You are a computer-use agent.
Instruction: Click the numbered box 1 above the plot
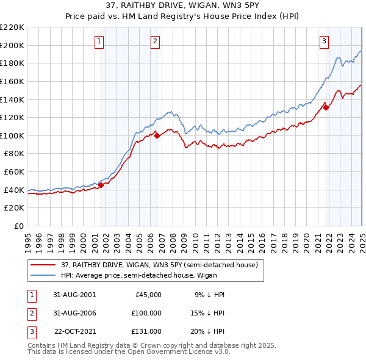(99, 41)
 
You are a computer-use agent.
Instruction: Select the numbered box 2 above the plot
(156, 41)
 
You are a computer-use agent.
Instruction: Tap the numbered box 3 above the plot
(324, 41)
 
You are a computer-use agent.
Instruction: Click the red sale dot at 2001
(101, 185)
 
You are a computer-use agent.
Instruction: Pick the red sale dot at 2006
(157, 136)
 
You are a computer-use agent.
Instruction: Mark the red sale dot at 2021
(326, 108)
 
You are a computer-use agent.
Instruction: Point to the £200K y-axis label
(12, 45)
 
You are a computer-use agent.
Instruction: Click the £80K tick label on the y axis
(14, 154)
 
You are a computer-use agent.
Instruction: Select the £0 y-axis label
(19, 226)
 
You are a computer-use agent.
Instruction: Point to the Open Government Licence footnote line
(136, 352)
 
